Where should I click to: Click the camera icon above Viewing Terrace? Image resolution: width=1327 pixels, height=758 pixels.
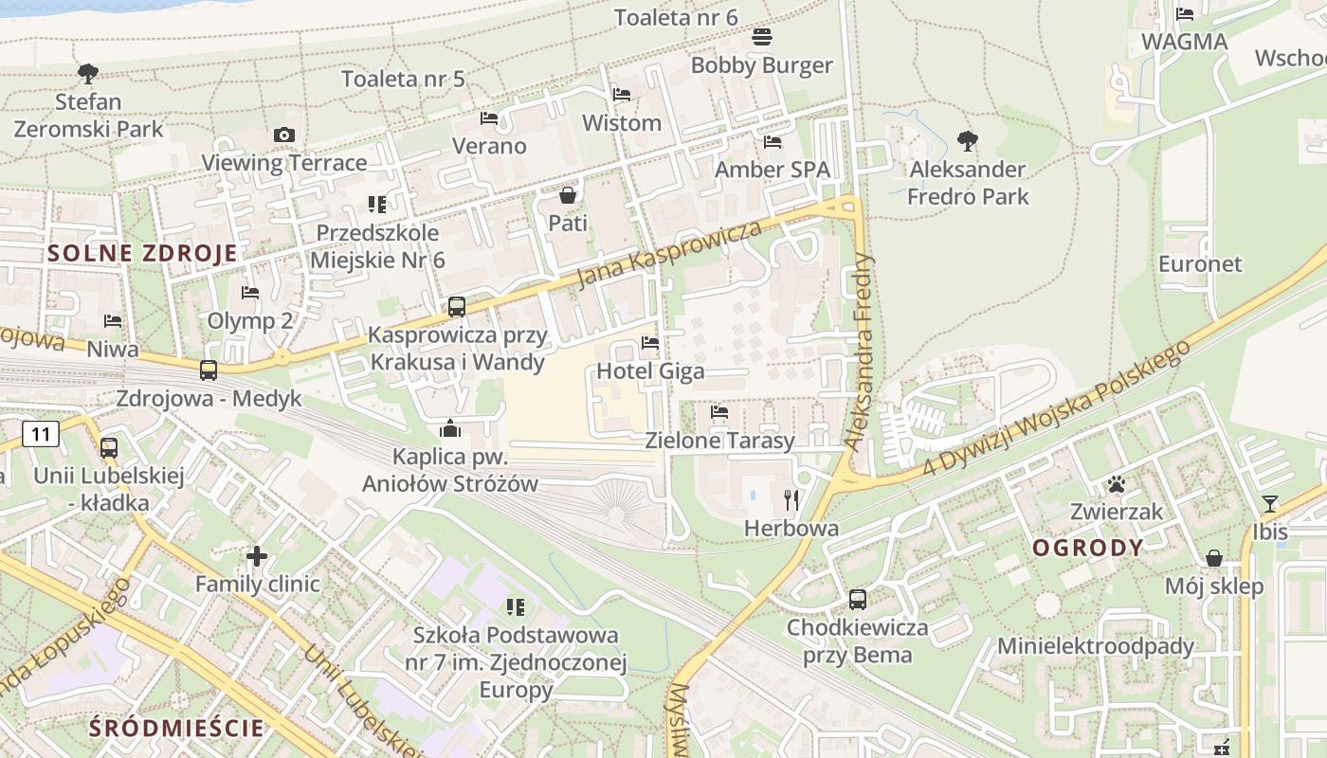tap(283, 135)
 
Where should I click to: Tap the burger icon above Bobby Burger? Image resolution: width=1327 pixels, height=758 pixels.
tap(762, 38)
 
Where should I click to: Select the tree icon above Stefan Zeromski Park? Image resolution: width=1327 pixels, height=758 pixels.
tap(88, 73)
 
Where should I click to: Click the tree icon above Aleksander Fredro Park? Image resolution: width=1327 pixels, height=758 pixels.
tap(967, 142)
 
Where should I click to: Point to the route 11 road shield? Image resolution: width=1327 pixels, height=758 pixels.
tap(40, 435)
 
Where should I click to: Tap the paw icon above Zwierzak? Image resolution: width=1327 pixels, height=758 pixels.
tap(1116, 485)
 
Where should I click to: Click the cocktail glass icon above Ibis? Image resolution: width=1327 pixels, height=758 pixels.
tap(1269, 504)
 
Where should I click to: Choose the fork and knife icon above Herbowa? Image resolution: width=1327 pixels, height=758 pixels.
tap(791, 500)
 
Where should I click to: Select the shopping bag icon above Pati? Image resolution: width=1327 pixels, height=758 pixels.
tap(568, 196)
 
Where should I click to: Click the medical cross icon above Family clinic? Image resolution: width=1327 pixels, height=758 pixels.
tap(257, 556)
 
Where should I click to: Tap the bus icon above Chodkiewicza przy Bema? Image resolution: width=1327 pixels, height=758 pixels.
tap(857, 600)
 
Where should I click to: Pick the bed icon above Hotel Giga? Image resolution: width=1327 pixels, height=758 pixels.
tap(650, 343)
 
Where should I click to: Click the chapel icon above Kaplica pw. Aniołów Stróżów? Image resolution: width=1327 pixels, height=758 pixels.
tap(450, 429)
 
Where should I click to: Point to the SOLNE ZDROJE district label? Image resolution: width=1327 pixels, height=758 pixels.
tap(142, 253)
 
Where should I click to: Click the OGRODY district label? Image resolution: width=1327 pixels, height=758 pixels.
tap(1087, 548)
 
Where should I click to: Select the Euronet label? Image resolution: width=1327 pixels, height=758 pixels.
tap(1200, 263)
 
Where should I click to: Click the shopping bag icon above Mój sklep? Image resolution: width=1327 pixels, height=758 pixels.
tap(1213, 558)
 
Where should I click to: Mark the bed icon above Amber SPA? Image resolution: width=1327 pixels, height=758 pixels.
tap(773, 142)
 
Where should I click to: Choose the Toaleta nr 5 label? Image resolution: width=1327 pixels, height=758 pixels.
tap(403, 79)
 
